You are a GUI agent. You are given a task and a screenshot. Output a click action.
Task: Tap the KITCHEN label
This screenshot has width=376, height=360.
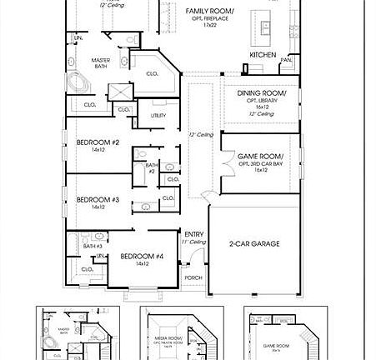coord(263,55)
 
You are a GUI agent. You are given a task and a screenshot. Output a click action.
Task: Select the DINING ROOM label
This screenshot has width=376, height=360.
coord(261,93)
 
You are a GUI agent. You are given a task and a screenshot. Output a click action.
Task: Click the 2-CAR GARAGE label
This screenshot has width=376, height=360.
coord(253,244)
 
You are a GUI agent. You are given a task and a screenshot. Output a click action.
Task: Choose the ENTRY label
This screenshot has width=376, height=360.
coord(193,234)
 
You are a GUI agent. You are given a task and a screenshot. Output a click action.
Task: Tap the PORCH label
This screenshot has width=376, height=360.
coord(193,277)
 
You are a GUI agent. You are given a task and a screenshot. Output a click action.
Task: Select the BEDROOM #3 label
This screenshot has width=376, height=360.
coord(98,199)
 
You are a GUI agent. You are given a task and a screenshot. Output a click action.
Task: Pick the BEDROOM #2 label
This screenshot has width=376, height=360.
coord(98,142)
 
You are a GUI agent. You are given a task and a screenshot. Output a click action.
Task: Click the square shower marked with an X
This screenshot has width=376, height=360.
coord(119,91)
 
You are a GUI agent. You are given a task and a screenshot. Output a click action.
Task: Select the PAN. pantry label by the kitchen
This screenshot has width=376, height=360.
coord(286,60)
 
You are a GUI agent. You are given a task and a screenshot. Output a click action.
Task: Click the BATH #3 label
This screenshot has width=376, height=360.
coord(93,246)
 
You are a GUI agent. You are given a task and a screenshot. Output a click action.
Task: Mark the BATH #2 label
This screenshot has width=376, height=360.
coord(151,167)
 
